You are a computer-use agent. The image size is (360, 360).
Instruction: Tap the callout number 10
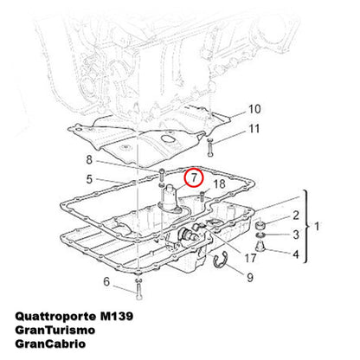(254, 109)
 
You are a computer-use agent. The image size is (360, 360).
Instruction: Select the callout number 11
(254, 129)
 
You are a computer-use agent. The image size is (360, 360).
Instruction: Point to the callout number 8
(89, 159)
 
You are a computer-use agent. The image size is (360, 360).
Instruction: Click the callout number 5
(89, 179)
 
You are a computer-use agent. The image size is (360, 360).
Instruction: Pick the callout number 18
(219, 183)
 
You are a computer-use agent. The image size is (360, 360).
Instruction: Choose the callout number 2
(296, 215)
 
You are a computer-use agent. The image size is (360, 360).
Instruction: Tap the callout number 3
(296, 235)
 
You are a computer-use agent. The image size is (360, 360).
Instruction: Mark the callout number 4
(296, 254)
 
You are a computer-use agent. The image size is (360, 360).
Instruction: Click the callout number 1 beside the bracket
(317, 227)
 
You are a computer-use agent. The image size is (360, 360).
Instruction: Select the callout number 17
(250, 258)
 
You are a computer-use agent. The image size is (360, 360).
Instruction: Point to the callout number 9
(250, 278)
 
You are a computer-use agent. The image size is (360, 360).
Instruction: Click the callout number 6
(106, 281)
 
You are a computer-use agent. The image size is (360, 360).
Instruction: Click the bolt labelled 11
(210, 147)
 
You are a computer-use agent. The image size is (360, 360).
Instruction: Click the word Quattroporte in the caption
(55, 317)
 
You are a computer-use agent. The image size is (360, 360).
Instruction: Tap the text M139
(117, 317)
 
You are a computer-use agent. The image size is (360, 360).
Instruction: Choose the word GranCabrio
(50, 344)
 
